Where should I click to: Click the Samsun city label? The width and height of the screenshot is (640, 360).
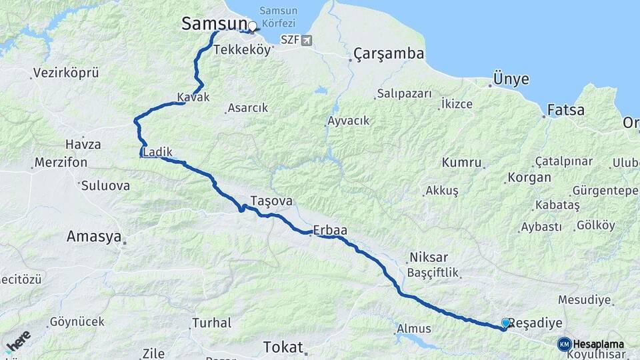[214, 24]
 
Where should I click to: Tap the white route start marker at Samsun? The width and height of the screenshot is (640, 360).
[253, 27]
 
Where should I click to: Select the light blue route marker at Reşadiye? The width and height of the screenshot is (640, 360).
[506, 323]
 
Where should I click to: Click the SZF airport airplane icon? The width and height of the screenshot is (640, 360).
[306, 40]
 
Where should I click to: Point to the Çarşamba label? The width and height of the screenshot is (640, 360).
[389, 53]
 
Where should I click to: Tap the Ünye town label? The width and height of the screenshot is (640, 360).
[511, 79]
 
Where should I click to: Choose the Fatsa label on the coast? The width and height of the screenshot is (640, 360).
[566, 110]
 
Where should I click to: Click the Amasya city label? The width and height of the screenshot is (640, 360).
[94, 236]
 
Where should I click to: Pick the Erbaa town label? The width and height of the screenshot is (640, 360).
[329, 230]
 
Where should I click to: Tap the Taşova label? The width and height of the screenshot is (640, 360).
[271, 200]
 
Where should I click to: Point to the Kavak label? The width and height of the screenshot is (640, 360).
[193, 97]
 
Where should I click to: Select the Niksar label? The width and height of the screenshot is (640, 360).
[428, 257]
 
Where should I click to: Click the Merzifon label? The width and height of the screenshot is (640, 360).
[57, 163]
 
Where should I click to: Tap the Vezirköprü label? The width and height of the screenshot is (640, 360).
[66, 73]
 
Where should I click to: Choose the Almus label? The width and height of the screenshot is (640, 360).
[413, 329]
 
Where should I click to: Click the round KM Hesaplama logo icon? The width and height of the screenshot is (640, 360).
[564, 344]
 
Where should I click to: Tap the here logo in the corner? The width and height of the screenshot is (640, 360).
[18, 341]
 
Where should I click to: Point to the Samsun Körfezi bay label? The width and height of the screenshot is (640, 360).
[282, 17]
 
